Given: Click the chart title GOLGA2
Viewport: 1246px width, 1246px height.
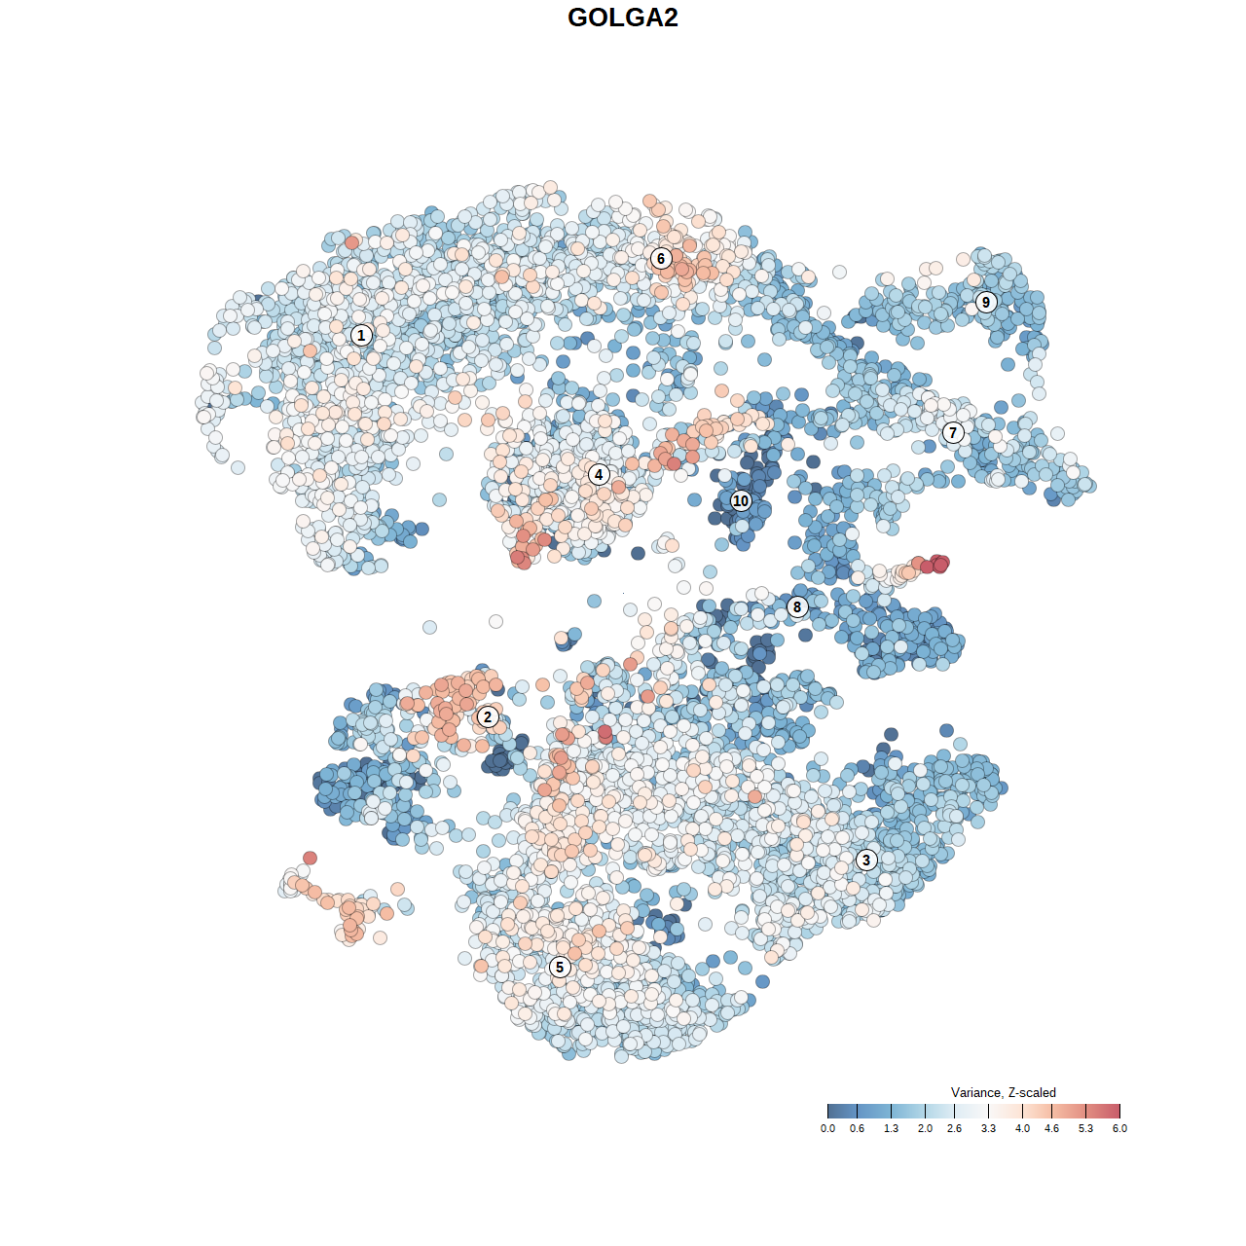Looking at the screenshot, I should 623,18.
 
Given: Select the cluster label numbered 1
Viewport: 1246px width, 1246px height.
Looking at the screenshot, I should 361,335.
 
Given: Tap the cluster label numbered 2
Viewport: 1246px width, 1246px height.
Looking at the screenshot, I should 488,717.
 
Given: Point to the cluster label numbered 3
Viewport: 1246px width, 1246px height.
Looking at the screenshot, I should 866,860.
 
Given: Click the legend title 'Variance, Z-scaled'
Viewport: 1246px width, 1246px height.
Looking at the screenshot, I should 1003,1092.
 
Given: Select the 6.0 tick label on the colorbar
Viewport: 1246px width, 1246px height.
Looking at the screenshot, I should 1119,1128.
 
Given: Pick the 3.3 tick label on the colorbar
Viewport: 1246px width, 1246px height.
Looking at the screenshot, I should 988,1128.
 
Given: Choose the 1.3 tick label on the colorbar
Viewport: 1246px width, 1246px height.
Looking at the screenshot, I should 891,1128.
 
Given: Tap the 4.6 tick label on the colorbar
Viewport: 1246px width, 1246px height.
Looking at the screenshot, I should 1051,1128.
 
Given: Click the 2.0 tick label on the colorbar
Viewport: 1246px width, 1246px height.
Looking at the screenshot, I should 925,1128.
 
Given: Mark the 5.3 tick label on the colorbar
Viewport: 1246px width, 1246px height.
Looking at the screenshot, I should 1085,1128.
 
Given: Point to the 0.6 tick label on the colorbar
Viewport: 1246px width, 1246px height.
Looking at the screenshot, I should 857,1128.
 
